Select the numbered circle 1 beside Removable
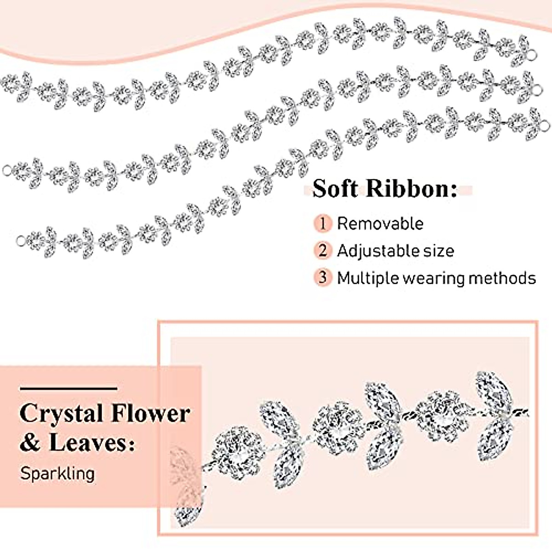(323, 224)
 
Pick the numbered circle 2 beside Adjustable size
(323, 251)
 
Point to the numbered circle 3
(323, 278)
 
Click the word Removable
(380, 224)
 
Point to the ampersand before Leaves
(30, 443)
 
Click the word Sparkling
(57, 473)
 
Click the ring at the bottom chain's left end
(20, 241)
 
